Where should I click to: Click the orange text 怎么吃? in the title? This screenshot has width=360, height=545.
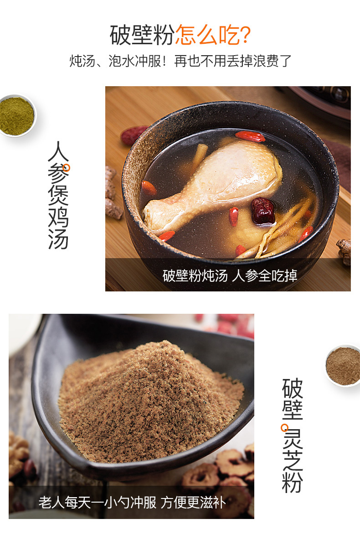click(x=213, y=35)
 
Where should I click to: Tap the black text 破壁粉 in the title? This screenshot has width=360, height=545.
click(x=142, y=35)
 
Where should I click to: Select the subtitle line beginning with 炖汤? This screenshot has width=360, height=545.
click(x=180, y=61)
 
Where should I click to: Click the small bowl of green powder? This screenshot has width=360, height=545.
click(x=17, y=116)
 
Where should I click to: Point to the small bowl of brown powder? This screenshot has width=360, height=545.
click(x=343, y=366)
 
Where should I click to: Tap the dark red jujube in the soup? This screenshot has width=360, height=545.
click(x=263, y=211)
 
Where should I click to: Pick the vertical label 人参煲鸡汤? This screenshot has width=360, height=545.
click(x=58, y=195)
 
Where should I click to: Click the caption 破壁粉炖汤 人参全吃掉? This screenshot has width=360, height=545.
click(x=230, y=276)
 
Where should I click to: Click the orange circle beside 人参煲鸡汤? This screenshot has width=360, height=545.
click(x=67, y=168)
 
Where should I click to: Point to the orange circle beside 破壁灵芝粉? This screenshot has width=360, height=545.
click(x=285, y=427)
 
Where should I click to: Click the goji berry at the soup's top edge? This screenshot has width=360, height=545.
click(x=250, y=136)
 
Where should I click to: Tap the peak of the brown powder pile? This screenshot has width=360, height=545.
click(x=163, y=343)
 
